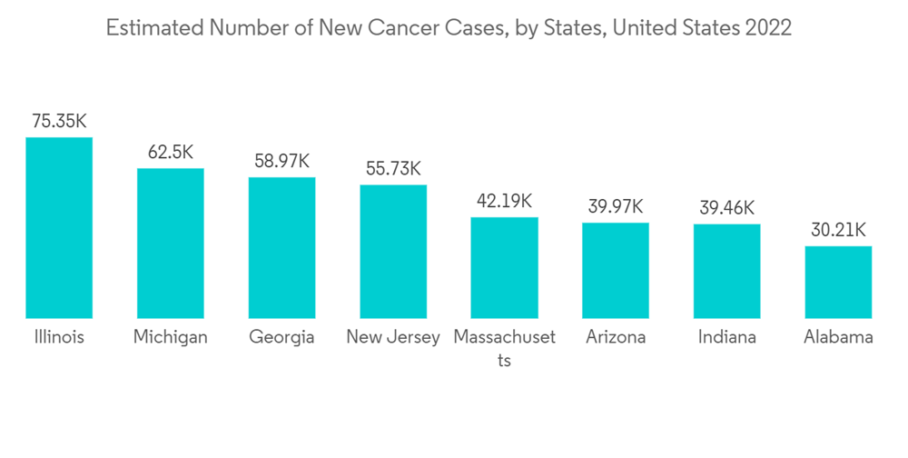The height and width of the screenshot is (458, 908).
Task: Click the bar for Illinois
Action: point(59,227)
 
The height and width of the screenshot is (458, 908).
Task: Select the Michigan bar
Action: point(171,243)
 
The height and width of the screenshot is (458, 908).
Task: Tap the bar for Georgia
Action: point(282,247)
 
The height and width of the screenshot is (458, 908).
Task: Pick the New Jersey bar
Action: point(393,251)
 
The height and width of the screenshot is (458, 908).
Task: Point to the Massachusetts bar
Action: point(504,267)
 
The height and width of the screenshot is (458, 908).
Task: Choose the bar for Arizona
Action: point(616,270)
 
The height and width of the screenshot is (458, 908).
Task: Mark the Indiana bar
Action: point(726,271)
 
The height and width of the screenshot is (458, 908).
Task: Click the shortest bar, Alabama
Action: point(838,282)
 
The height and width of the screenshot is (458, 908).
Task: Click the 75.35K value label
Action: point(59,121)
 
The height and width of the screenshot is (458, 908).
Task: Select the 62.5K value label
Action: point(171,152)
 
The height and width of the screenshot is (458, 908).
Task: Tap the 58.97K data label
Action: point(282,161)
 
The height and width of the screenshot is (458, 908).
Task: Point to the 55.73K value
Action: point(393,168)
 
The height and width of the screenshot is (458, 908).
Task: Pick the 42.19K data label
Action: point(504,201)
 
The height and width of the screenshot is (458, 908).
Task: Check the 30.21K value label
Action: point(838,230)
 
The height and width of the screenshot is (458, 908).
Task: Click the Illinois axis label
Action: point(59,337)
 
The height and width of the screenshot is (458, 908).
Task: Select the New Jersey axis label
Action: point(393,337)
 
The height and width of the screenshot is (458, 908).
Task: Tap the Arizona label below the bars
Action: point(616,337)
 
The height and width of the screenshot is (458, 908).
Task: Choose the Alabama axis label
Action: point(838,337)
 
